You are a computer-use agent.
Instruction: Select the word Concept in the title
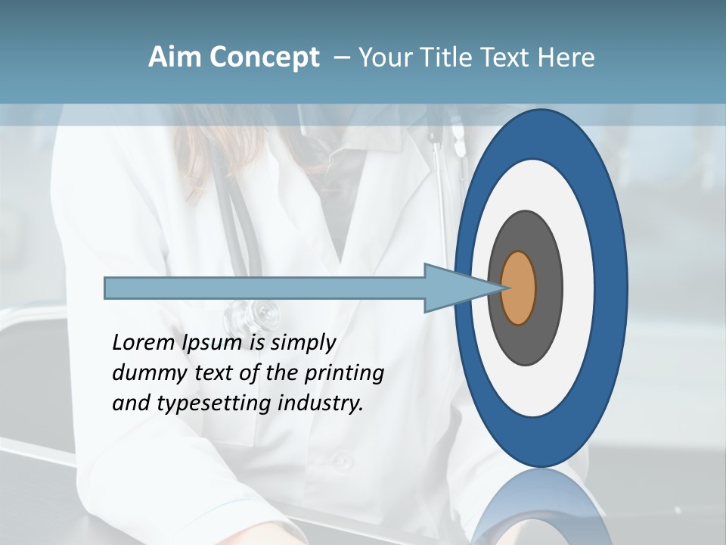(264, 58)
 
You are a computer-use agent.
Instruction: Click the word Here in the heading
(566, 58)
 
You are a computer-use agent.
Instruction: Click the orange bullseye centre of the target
(519, 288)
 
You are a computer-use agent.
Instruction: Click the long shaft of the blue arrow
(265, 288)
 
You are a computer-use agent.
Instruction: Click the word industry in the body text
(321, 403)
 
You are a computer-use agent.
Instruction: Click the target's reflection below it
(541, 507)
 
